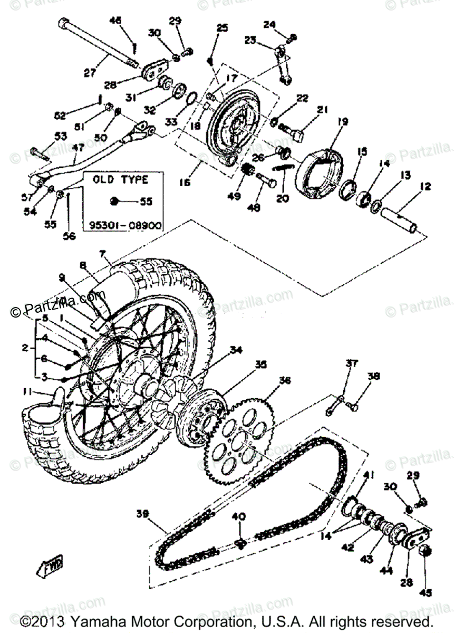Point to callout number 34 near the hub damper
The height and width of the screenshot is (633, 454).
coord(235,350)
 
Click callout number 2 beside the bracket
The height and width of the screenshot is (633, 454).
coord(25,348)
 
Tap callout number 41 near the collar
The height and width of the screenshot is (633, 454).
coord(368,475)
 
